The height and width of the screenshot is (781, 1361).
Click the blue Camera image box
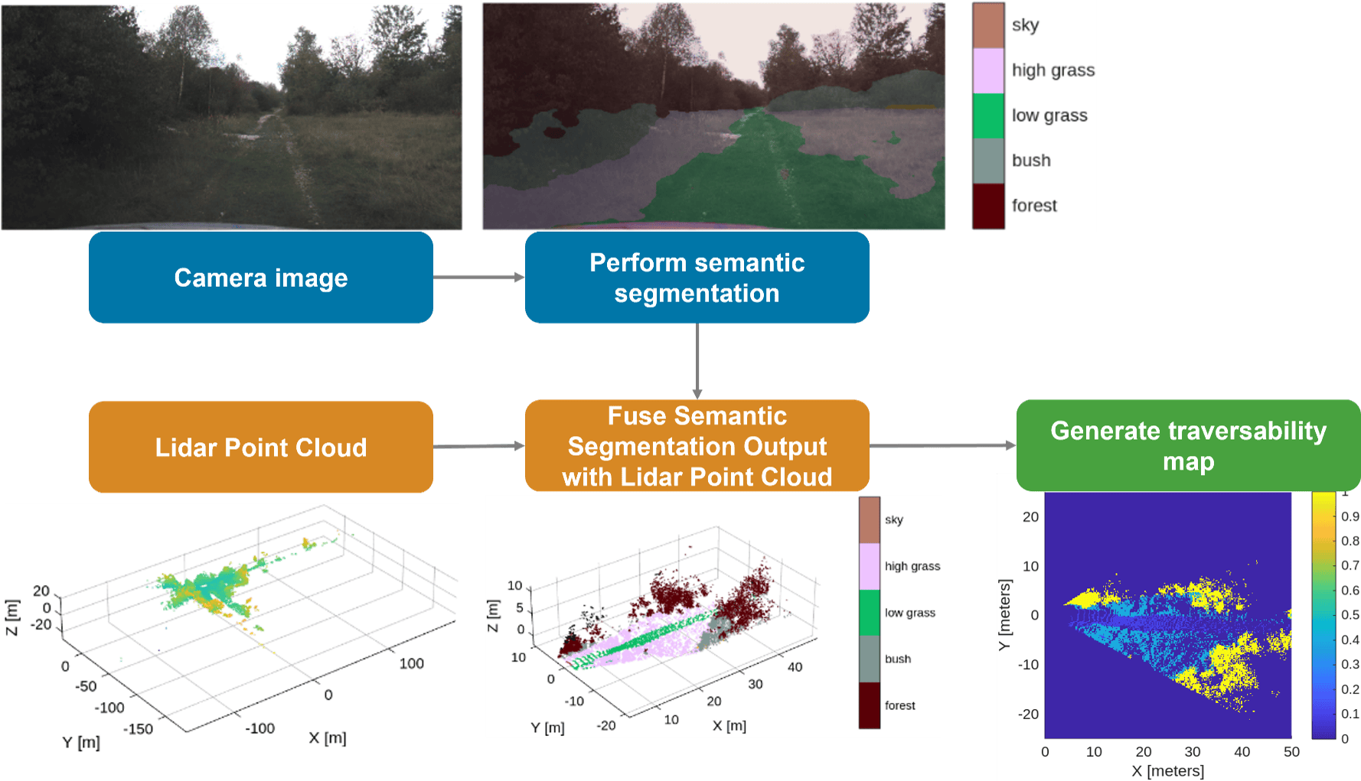261,278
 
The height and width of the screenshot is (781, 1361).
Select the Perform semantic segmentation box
697,278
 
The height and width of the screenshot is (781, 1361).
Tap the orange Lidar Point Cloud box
261,447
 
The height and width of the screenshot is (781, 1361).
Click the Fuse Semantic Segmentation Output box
697,446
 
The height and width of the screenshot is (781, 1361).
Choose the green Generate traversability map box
1188,445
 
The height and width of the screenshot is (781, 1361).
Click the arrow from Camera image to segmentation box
479,277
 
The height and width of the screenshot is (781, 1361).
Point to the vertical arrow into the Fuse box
697,361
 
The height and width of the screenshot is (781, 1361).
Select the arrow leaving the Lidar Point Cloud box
479,446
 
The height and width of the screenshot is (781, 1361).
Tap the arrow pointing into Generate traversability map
943,445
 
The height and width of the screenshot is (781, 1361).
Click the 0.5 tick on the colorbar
1350,615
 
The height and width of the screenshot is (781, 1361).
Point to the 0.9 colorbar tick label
1350,516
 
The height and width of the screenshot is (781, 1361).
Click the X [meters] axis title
1167,771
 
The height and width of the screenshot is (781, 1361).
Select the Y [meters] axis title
1005,615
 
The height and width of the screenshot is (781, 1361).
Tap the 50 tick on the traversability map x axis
1291,752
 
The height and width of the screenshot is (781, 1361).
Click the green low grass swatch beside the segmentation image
988,116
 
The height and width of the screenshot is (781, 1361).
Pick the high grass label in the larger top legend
1053,70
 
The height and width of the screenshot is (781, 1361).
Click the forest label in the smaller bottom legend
900,705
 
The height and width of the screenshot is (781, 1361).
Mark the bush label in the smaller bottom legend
898,659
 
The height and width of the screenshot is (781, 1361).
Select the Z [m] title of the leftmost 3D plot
11,617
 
